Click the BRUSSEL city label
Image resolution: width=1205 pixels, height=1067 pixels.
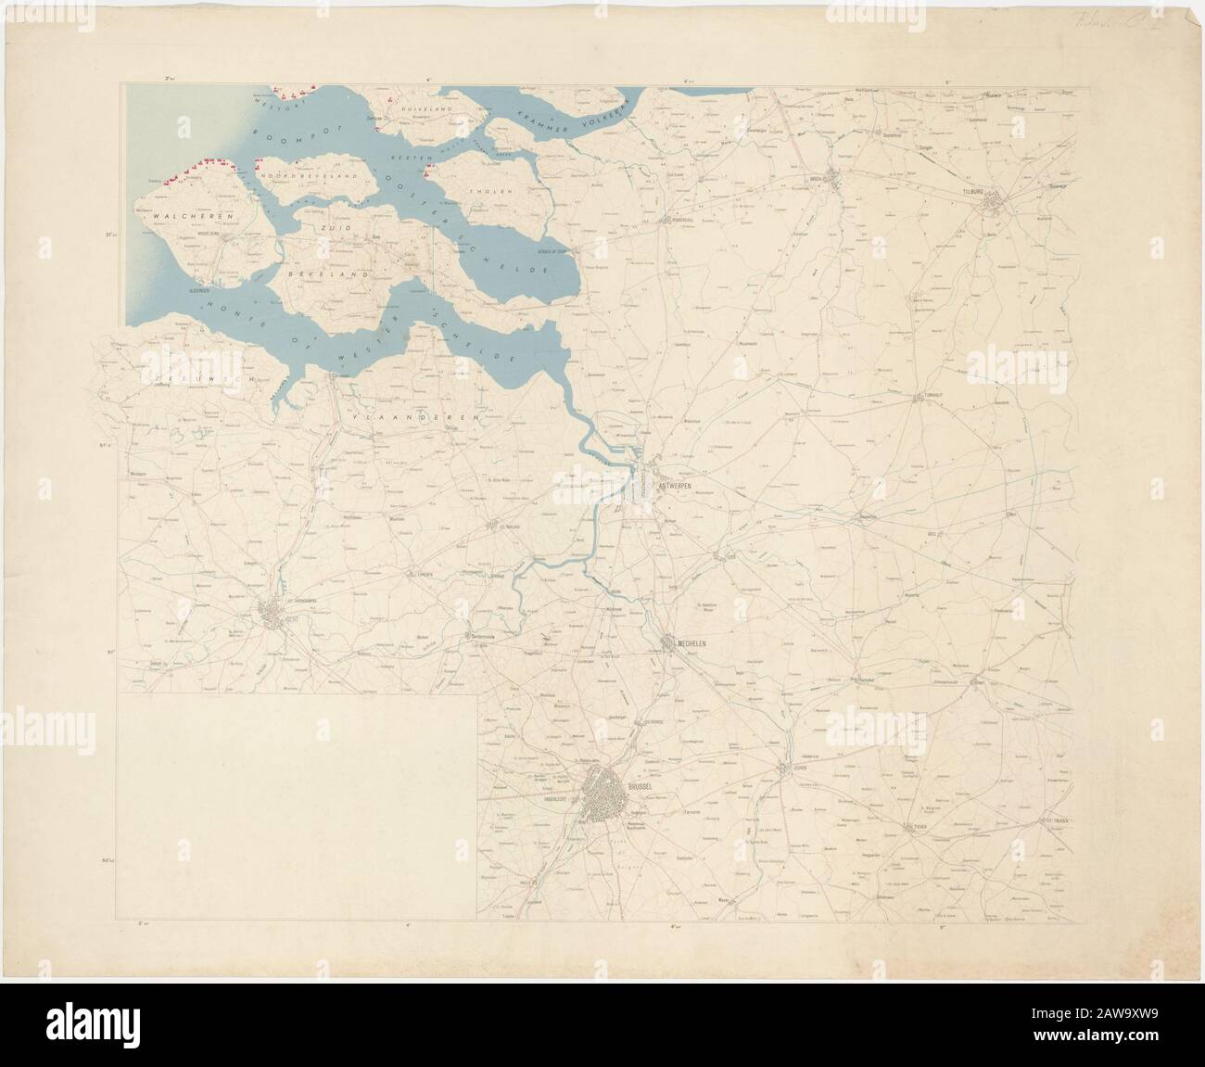tap(641, 786)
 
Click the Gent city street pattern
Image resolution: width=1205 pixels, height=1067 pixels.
tap(271, 612)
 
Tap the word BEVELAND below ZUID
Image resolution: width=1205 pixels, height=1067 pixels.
tap(342, 275)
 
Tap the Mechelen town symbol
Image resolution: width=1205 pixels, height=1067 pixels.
tap(670, 642)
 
